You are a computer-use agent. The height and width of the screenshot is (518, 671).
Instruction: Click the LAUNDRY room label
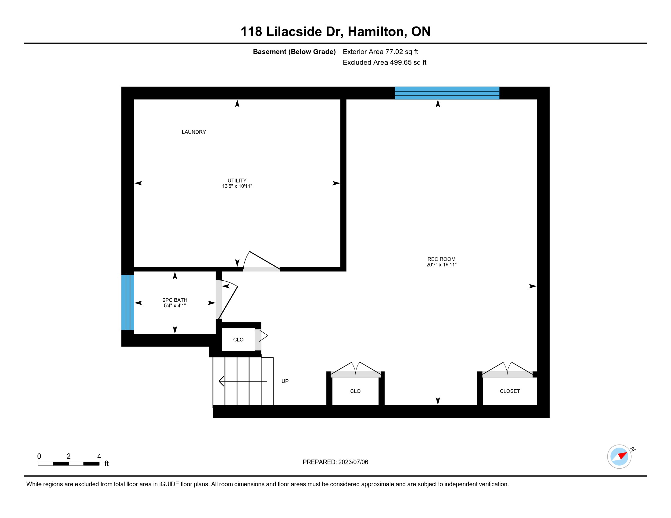tap(194, 132)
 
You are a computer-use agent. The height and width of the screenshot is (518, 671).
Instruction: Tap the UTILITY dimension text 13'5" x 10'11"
tap(237, 186)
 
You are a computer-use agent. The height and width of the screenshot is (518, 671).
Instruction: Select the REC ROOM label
tap(442, 259)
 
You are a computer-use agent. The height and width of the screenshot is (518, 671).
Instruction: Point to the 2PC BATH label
tap(175, 300)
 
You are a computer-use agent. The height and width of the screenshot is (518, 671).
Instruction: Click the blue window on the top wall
tap(447, 93)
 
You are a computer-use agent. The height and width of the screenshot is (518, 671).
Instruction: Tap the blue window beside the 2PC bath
tap(128, 302)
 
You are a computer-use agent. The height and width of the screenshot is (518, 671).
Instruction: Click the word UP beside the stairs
tap(285, 381)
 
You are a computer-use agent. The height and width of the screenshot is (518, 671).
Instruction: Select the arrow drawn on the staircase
tap(243, 381)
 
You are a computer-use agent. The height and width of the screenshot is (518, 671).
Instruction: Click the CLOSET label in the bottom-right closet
tap(510, 391)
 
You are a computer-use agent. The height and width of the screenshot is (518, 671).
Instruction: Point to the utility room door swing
tap(261, 261)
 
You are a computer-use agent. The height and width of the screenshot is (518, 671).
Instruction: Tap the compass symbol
tap(619, 457)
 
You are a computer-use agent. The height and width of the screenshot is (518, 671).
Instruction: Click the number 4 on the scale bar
tap(99, 456)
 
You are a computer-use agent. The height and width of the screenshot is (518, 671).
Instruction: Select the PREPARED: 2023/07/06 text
tap(335, 462)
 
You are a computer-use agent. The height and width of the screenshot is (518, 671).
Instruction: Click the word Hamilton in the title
tap(376, 32)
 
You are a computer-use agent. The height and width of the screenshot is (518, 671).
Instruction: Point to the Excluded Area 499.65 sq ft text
tap(385, 62)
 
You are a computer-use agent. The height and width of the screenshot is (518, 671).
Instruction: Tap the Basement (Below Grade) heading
tap(294, 52)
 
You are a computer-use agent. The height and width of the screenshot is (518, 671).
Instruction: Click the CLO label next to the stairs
tap(239, 340)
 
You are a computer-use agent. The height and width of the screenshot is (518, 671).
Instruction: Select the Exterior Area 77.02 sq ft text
tap(380, 52)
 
